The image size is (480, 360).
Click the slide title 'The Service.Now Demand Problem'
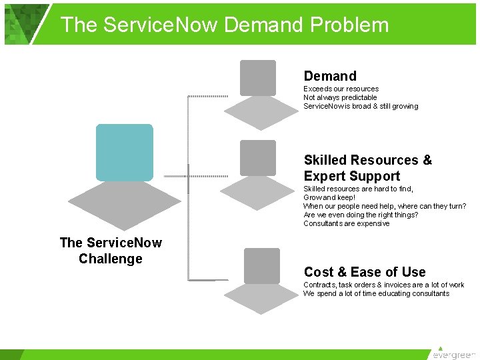225,25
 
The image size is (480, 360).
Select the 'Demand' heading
330,76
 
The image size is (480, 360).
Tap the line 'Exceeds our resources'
341,89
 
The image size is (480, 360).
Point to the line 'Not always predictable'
340,97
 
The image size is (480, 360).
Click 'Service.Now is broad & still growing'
361,106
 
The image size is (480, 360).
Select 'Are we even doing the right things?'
360,215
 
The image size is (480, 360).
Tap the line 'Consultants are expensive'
346,223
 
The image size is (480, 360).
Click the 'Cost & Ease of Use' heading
364,271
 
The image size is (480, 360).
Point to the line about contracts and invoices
383,285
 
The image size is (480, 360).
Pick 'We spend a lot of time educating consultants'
376,293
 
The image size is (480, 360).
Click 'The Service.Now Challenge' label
111,251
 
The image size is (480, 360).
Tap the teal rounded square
124,152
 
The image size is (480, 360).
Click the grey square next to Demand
257,77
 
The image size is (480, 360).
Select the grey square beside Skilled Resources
257,158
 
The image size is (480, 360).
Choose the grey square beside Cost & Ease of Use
261,265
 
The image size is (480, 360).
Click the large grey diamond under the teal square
125,205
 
